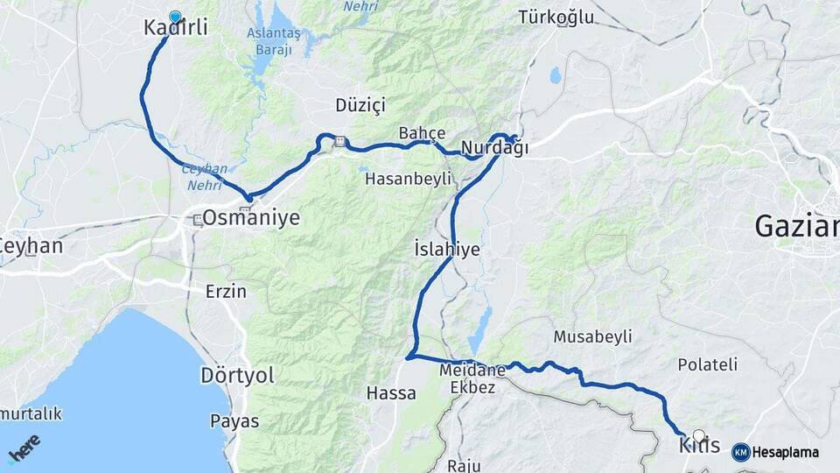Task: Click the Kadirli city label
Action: click(x=176, y=28)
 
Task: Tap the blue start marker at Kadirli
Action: click(x=175, y=17)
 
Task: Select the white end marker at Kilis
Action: click(x=698, y=434)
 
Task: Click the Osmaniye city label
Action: click(x=251, y=217)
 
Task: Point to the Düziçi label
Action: click(x=360, y=105)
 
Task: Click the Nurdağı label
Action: click(x=494, y=148)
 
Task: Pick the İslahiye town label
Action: click(x=446, y=250)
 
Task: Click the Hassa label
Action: click(x=391, y=393)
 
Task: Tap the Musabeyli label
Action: click(x=592, y=337)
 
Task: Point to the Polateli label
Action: click(x=708, y=364)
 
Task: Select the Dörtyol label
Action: click(x=237, y=376)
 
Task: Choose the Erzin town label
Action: click(x=226, y=292)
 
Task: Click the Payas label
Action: click(x=234, y=421)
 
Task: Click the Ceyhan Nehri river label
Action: click(x=204, y=175)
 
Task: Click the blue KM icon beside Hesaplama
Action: click(x=740, y=452)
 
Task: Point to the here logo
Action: click(x=24, y=448)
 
